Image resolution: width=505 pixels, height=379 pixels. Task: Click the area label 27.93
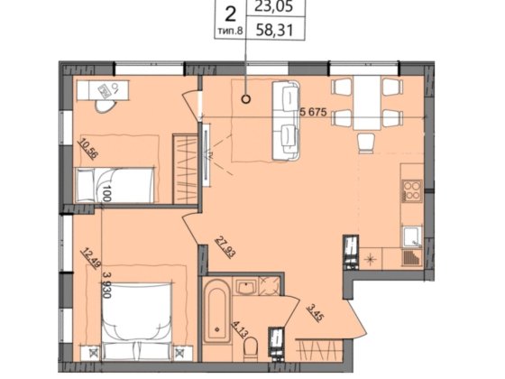[225, 247]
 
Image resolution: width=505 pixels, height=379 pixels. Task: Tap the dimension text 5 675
[314, 113]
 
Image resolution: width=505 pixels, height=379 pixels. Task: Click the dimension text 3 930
[106, 285]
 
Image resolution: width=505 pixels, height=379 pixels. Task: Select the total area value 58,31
[275, 31]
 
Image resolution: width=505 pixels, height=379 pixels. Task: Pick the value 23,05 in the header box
[275, 6]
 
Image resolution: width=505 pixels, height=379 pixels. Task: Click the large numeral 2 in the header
[230, 14]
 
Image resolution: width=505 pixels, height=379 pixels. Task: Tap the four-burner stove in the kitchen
[412, 190]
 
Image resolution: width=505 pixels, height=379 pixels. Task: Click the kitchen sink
[412, 236]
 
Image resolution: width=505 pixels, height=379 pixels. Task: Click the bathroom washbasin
[246, 287]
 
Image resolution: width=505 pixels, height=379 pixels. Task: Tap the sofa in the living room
[286, 120]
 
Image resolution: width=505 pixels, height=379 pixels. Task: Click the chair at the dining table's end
[366, 143]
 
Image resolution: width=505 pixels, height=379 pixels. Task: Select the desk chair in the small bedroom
[105, 106]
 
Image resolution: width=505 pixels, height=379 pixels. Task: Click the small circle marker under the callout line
[246, 99]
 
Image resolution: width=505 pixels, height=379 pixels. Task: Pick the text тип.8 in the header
[230, 32]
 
